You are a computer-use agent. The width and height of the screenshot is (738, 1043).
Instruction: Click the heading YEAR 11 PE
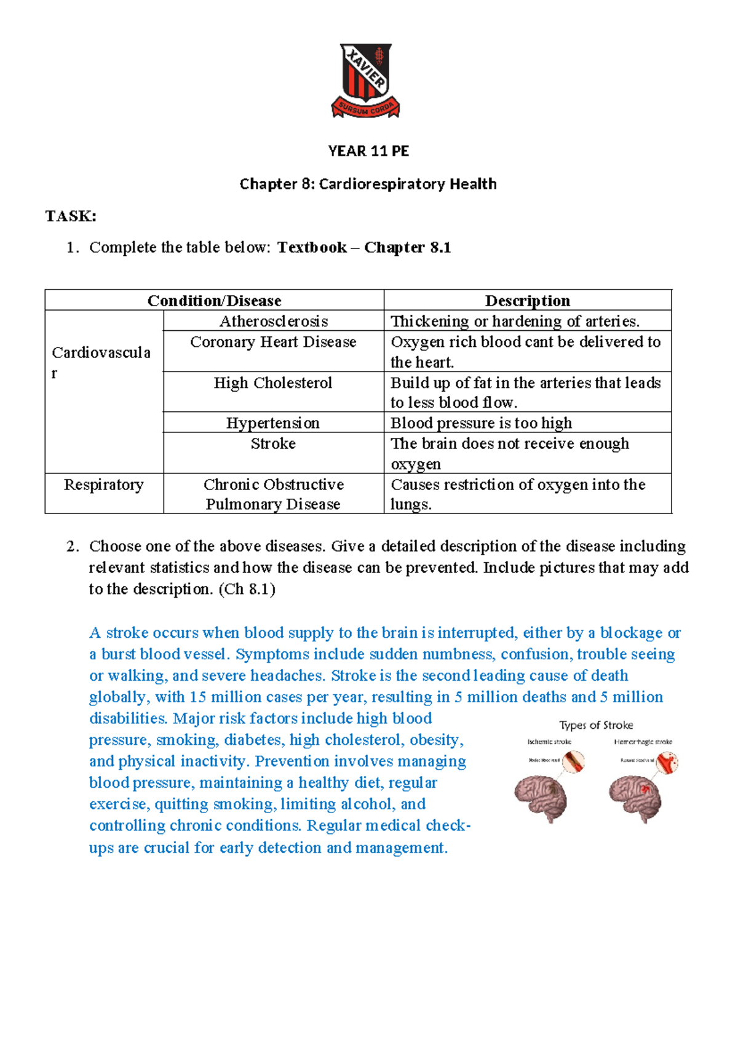coord(368,151)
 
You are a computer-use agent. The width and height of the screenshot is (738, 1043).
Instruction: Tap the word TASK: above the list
coord(71,216)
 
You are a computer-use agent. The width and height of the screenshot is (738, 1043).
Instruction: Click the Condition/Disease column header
coord(214,301)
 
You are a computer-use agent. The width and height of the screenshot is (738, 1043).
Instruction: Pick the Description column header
coord(527,301)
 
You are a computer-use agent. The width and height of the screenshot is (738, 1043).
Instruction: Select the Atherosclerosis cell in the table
coord(274,321)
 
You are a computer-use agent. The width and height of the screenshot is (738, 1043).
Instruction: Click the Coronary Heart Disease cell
coord(273,342)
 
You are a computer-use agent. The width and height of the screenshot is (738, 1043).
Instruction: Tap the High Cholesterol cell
coord(273,383)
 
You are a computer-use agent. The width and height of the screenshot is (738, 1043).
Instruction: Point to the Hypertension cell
coord(273,423)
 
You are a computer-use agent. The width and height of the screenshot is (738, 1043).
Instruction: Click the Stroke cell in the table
coord(273,443)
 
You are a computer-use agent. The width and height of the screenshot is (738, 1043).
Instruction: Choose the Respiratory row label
coord(104,485)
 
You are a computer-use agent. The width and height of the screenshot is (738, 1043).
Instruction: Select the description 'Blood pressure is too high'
coord(481,423)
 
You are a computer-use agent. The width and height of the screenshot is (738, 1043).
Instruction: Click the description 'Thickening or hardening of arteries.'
coord(515,321)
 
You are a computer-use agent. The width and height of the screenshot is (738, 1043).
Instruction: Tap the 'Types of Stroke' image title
coord(595,725)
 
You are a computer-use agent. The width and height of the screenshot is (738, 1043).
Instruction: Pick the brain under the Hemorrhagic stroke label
coord(635,798)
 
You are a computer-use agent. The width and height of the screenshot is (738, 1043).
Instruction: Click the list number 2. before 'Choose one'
coord(73,546)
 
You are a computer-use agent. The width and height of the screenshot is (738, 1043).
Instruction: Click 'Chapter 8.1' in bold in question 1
coord(407,247)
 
